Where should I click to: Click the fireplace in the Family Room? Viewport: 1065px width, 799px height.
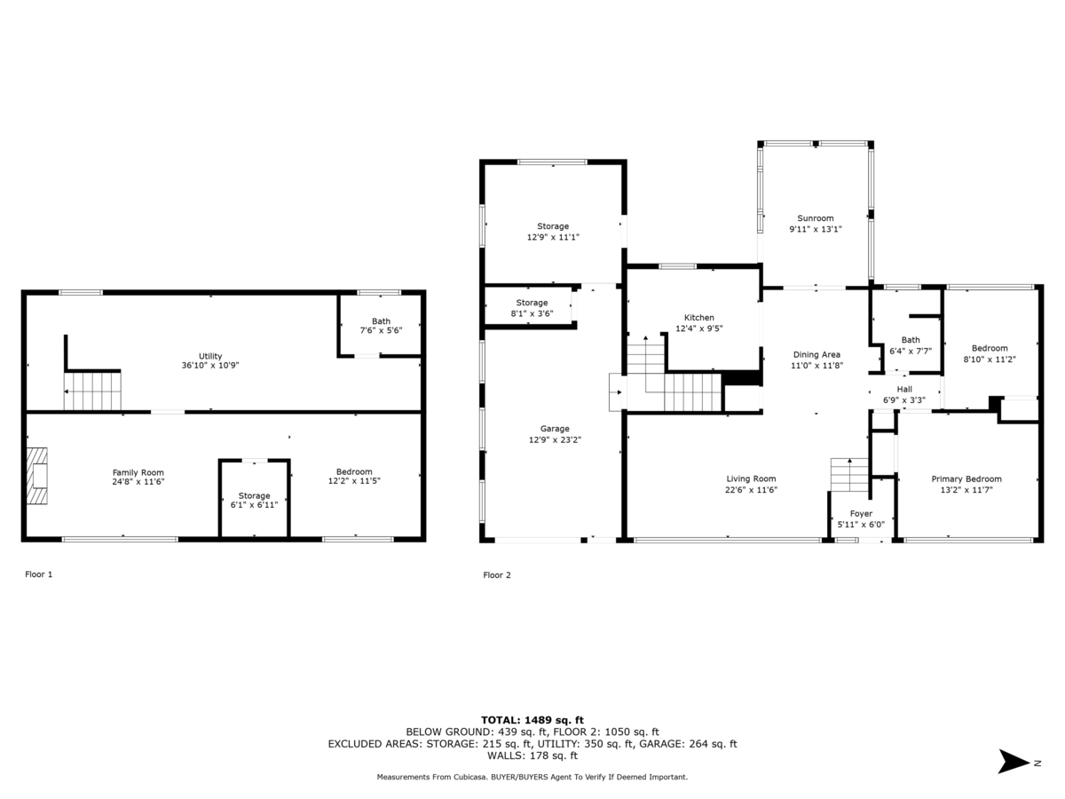[x=37, y=476]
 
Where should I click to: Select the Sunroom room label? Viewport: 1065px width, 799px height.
[x=815, y=218]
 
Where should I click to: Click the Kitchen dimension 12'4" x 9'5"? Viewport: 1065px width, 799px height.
[x=699, y=328]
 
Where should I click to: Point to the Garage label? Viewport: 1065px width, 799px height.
[x=555, y=429]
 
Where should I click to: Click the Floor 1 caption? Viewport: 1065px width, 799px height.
[x=39, y=574]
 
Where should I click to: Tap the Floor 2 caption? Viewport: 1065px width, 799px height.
[x=497, y=575]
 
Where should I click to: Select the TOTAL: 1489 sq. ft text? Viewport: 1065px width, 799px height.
[x=532, y=720]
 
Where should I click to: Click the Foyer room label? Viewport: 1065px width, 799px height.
[x=861, y=514]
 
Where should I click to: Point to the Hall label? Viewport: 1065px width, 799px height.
[x=904, y=389]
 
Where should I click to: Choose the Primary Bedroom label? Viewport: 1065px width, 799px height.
[x=966, y=479]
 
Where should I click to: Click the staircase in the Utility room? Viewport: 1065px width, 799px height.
[x=92, y=391]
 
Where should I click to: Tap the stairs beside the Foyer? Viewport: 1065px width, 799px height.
[x=849, y=474]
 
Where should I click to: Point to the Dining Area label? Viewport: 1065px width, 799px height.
[x=816, y=354]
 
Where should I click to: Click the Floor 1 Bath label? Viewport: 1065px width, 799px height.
[x=381, y=321]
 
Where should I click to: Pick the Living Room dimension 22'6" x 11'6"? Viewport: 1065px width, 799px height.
[x=751, y=490]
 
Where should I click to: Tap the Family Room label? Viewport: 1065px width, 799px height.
[x=138, y=472]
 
